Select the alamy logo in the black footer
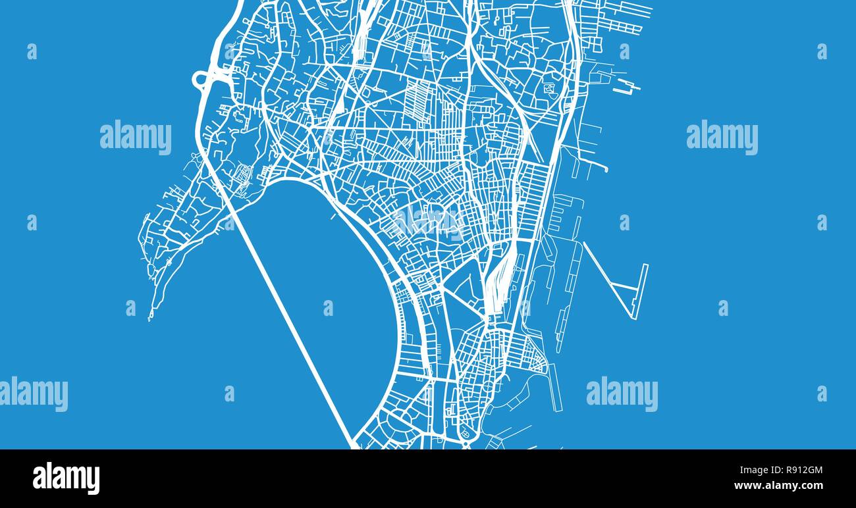66,478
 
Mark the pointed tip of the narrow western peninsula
150,318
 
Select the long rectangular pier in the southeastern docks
556,388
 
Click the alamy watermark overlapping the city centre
428,222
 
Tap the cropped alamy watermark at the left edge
33,394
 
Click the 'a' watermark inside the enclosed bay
328,308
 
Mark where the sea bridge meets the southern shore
354,445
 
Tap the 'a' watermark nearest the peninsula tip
130,308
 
